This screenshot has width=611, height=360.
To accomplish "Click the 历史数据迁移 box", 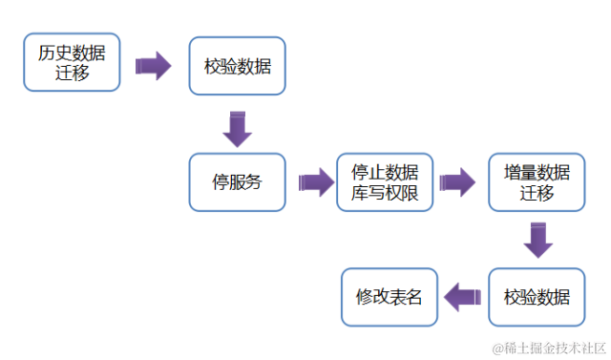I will [x=72, y=62].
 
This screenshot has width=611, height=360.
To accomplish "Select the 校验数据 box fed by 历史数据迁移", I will [x=237, y=66].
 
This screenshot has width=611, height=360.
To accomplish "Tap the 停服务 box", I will [x=237, y=181].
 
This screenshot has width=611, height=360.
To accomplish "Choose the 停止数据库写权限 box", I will [x=385, y=181].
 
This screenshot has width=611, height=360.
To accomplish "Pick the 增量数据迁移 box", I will [x=537, y=181].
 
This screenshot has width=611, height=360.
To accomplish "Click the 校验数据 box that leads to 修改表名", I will [x=537, y=296].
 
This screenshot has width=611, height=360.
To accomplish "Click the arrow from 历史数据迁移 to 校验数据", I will [x=153, y=66].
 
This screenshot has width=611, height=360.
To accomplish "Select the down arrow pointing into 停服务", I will [x=237, y=128].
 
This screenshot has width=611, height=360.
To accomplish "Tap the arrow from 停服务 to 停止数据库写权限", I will [x=311, y=181].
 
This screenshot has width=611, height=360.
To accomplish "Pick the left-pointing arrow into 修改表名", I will [x=464, y=296].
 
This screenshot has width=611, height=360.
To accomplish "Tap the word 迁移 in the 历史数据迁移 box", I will [x=72, y=73].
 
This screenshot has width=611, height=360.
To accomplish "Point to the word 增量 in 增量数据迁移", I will [x=519, y=172].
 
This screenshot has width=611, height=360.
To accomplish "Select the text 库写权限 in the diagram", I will [x=385, y=192].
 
